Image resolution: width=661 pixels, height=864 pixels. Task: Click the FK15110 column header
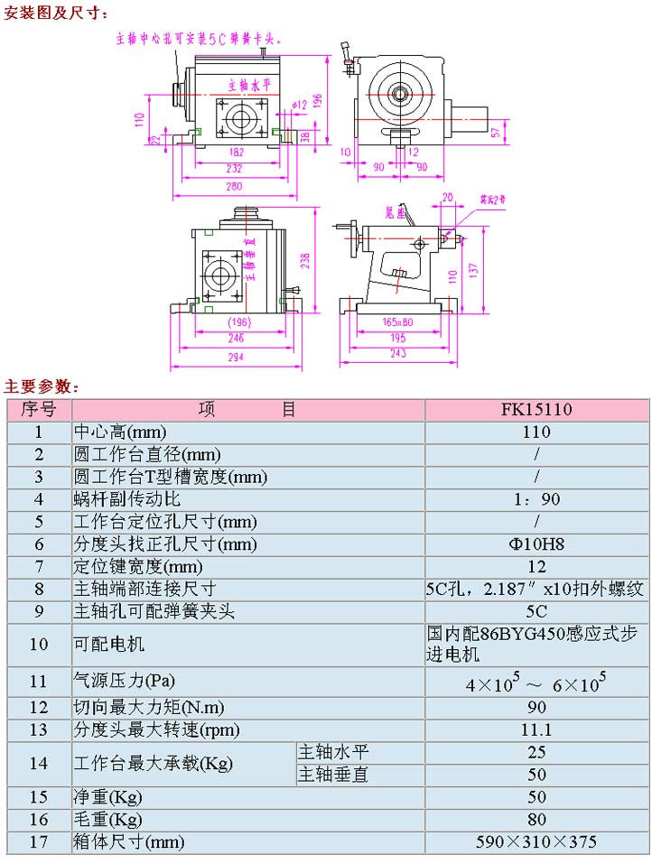point(536,409)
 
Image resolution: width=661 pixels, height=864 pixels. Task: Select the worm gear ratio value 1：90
point(536,499)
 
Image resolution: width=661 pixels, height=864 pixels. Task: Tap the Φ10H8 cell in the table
point(536,544)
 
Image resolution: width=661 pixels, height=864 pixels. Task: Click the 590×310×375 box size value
point(536,842)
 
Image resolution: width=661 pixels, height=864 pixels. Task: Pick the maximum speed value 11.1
point(536,729)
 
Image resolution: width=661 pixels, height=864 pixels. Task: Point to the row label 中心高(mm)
point(120,432)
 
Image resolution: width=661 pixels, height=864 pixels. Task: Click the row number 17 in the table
point(38,842)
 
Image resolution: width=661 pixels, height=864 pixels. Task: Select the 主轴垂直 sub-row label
point(333,775)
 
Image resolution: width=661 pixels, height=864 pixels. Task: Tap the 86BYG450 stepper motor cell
point(536,645)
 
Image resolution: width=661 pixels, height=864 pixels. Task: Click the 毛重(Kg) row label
point(107,820)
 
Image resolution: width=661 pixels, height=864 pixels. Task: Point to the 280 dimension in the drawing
point(235,187)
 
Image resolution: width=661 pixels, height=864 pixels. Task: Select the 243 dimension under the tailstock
point(398,353)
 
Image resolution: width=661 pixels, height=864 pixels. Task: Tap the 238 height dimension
point(306,260)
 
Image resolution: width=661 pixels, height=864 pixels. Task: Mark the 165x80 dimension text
point(397,321)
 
